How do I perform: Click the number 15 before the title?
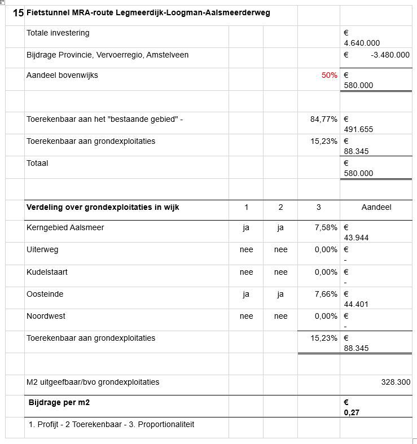click(x=18, y=13)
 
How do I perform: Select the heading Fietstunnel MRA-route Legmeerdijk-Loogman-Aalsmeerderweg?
click(x=148, y=13)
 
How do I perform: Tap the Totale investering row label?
click(x=58, y=33)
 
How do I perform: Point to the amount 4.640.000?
click(x=362, y=43)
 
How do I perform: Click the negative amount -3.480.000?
click(x=390, y=55)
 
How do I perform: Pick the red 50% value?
click(x=330, y=75)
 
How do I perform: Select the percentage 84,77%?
click(x=324, y=119)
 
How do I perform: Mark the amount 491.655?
click(x=358, y=129)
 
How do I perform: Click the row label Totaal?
click(x=37, y=163)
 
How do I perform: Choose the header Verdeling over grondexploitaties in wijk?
click(x=103, y=207)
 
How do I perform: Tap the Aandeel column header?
click(x=376, y=207)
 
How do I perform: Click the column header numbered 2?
click(x=280, y=207)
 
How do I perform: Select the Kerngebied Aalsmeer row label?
click(x=65, y=227)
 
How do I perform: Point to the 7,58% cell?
click(x=326, y=227)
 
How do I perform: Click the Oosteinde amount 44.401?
click(x=356, y=304)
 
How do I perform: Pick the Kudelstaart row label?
click(x=46, y=272)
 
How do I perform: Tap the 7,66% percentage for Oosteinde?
click(x=326, y=294)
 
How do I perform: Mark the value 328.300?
click(x=396, y=382)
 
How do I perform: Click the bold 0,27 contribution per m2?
click(x=352, y=412)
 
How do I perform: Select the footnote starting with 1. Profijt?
click(x=111, y=424)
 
